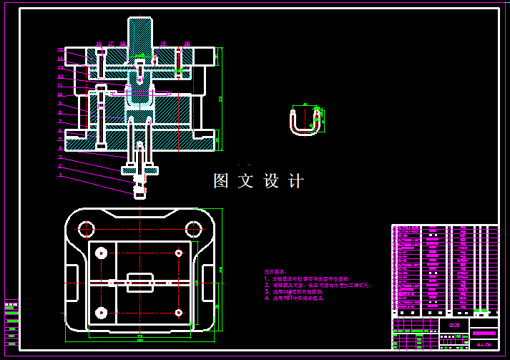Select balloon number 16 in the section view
99,44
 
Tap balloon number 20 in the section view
187,44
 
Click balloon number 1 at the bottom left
61,175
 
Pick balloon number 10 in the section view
61,94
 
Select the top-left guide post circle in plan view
86,229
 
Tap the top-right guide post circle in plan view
193,229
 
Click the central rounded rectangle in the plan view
140,283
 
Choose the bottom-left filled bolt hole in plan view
101,312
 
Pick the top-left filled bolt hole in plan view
101,252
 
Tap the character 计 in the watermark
296,181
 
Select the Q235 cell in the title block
453,326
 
